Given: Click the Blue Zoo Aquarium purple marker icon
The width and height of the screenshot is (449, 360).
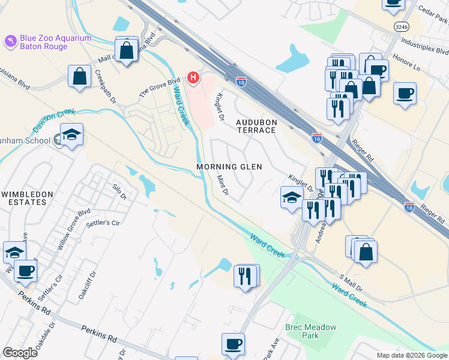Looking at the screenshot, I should click(x=10, y=41).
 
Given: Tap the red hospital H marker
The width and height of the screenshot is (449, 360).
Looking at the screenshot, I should click(x=193, y=77).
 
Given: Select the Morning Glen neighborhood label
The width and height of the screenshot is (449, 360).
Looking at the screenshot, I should click(x=229, y=166).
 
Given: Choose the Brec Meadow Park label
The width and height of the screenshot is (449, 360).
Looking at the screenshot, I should click(x=310, y=331).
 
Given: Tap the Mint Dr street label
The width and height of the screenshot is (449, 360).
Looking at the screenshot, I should click(x=221, y=183).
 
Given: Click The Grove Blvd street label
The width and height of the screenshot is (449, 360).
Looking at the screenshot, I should click(x=160, y=88).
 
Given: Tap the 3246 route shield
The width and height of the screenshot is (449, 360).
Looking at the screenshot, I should click(x=402, y=26).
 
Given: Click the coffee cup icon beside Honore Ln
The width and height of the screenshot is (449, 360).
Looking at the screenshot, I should click(x=405, y=94).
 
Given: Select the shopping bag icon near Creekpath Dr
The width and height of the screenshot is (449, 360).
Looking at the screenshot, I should click(x=79, y=76).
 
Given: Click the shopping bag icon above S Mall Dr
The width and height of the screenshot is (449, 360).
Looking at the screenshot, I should click(x=366, y=251).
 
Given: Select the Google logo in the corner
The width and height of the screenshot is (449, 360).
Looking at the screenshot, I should click(x=20, y=353).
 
